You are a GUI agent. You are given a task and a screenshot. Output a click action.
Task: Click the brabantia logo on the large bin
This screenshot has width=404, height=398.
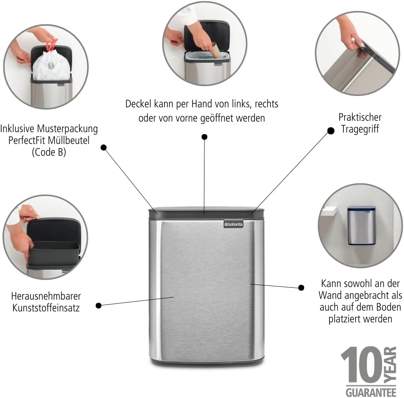tap(233, 224)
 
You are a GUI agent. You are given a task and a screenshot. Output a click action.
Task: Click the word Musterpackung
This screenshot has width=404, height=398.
tap(67, 128)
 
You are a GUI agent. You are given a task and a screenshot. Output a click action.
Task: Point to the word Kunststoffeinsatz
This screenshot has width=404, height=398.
tap(46, 308)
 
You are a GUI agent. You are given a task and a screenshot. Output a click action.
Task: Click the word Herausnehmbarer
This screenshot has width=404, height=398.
tap(46, 296)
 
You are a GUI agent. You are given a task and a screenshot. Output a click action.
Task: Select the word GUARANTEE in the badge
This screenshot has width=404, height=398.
tap(371, 393)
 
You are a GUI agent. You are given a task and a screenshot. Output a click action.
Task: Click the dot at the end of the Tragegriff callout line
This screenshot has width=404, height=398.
tap(331, 131)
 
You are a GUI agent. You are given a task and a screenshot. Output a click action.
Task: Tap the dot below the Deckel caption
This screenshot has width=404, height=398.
tap(204, 137)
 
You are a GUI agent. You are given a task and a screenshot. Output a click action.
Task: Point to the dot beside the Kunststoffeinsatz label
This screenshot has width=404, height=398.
tap(99, 306)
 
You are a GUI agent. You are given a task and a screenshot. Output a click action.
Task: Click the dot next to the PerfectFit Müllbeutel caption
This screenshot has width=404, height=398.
tap(103, 148)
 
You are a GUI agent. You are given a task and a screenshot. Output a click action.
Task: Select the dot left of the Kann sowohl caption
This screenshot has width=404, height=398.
tap(301, 288)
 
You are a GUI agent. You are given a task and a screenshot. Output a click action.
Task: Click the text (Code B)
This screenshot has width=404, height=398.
tap(49, 152)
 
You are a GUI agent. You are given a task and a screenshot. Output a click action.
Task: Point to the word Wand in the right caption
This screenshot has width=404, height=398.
tap(330, 295)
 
